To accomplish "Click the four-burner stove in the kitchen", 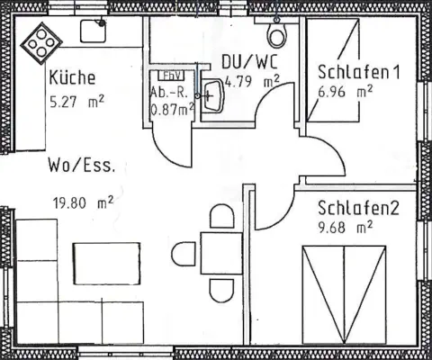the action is (x=41, y=43).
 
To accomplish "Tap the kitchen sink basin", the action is (x=93, y=31).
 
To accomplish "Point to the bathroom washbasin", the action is (x=212, y=95).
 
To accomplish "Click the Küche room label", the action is (x=72, y=76).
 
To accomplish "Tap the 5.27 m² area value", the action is (x=76, y=102).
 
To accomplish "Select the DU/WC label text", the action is (x=249, y=61).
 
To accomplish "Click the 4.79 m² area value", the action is (x=252, y=82).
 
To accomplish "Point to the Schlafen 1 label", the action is (x=359, y=72).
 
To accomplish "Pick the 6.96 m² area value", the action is (x=346, y=92).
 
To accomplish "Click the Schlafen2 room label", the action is (x=358, y=208).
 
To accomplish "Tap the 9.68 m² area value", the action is (x=346, y=228).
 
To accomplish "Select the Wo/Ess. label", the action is (x=82, y=165).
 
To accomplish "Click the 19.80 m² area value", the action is (x=83, y=202).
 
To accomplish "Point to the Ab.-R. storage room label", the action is (x=169, y=93).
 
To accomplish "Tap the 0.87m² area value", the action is (x=172, y=110).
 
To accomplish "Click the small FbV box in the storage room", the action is (x=171, y=76).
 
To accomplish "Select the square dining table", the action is (x=221, y=253).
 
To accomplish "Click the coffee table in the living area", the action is (x=106, y=264).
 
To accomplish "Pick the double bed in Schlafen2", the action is (x=344, y=295).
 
